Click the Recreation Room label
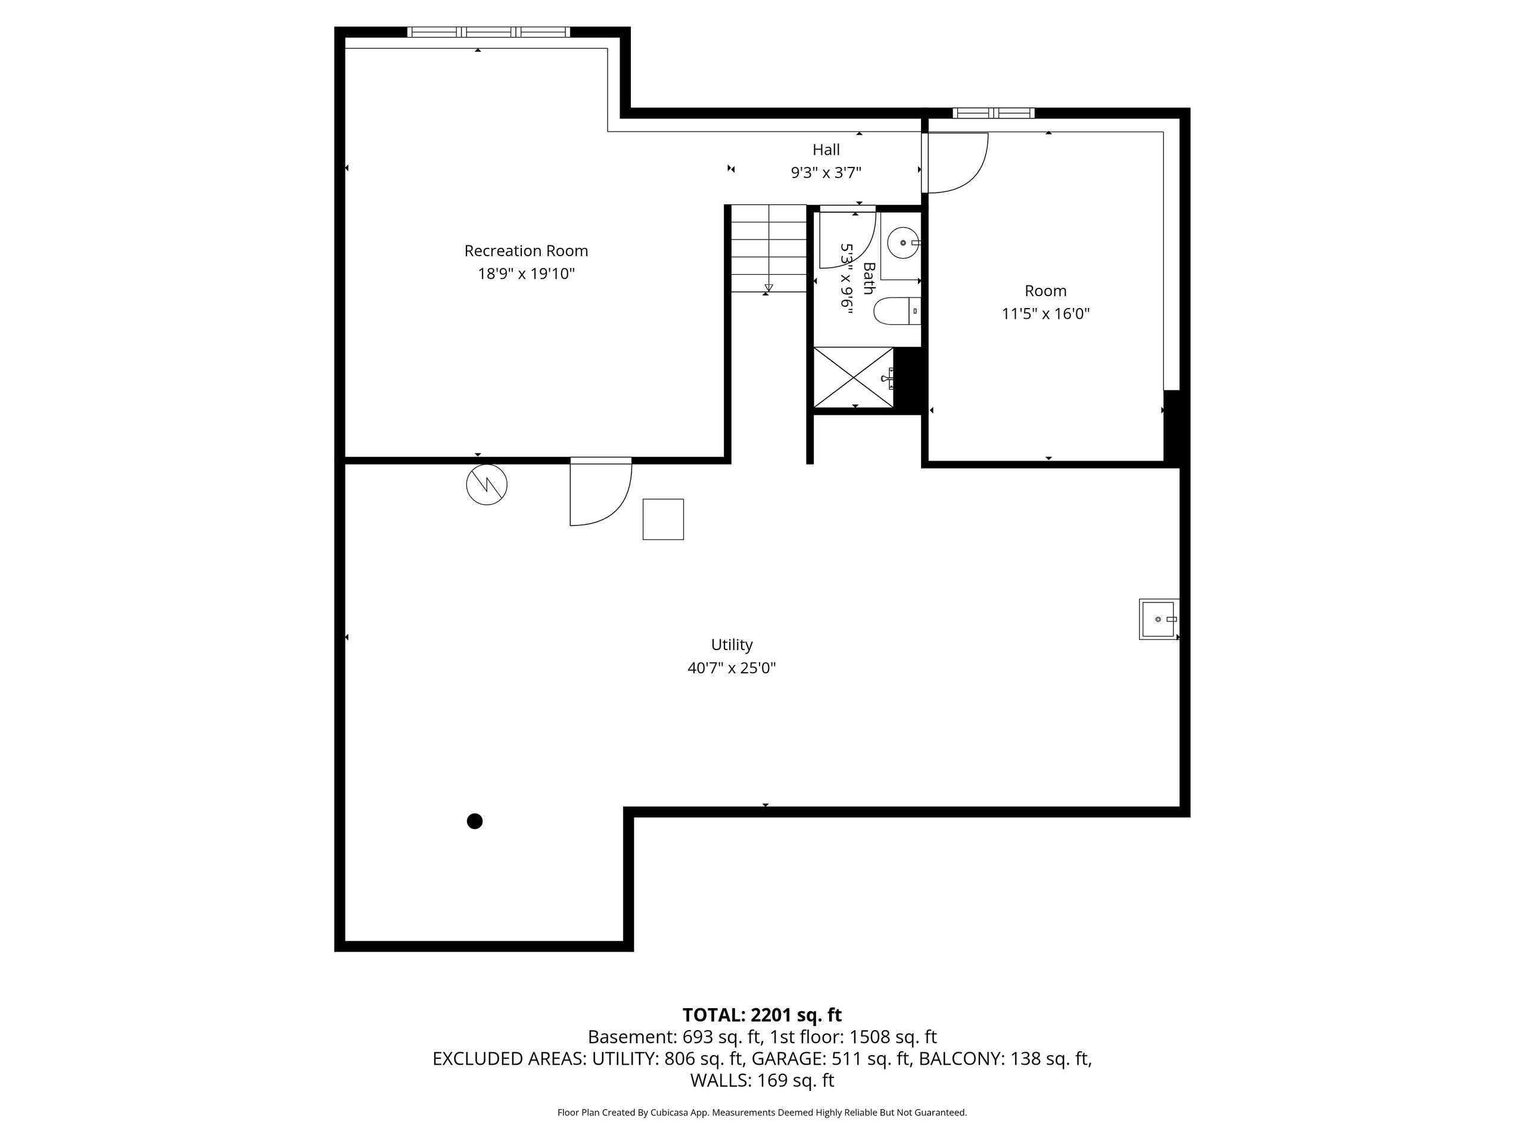(x=526, y=251)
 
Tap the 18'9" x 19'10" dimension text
(x=526, y=273)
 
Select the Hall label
(x=826, y=150)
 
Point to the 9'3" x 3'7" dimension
(x=826, y=172)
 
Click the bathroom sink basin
(x=903, y=243)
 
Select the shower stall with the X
(x=854, y=377)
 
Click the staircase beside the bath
(x=768, y=248)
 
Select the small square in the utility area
(x=663, y=519)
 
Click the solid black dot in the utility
(x=474, y=821)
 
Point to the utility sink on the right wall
(x=1159, y=619)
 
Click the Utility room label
(x=732, y=645)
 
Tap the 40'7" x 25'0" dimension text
(x=732, y=667)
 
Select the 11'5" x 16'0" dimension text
(x=1045, y=314)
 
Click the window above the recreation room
(x=489, y=32)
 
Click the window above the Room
(x=994, y=113)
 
